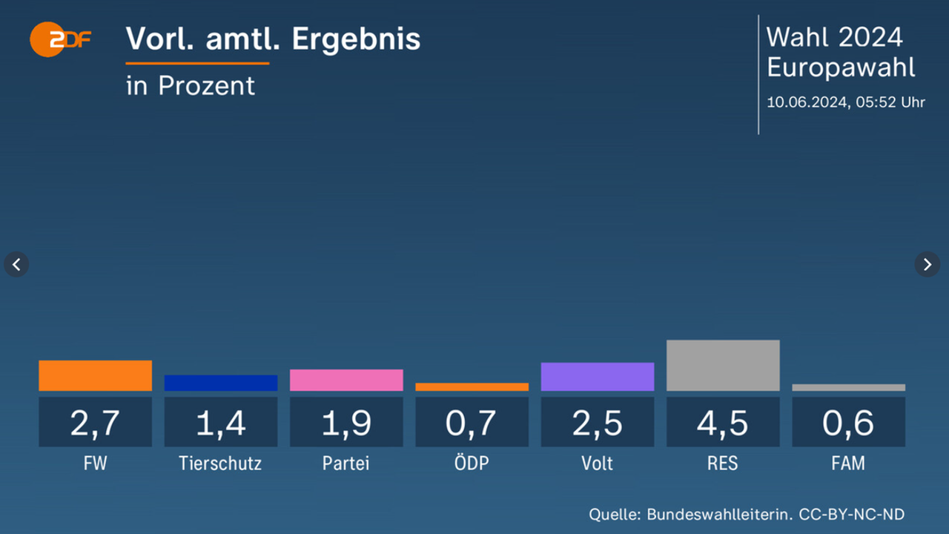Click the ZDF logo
pos(60,39)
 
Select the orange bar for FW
pos(95,375)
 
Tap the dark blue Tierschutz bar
pos(221,383)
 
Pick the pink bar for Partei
pos(346,380)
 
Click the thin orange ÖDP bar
pos(472,387)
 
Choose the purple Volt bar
pos(598,377)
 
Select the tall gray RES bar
pos(723,366)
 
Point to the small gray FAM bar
pos(848,387)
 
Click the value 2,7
pos(95,423)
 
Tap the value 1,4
pos(221,423)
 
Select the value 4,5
pos(723,423)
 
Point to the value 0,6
pos(848,423)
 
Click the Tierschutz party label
pos(220,464)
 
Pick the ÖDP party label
pos(472,464)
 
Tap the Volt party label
pos(598,464)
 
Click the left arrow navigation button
pos(16,263)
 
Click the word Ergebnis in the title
pos(356,40)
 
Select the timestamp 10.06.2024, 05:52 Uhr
pos(845,102)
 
